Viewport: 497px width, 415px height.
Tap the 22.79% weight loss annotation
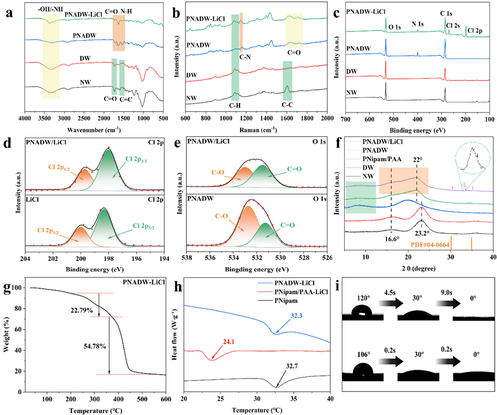[82, 311]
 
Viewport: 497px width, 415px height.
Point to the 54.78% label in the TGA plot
[95, 347]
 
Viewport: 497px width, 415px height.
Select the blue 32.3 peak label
[296, 316]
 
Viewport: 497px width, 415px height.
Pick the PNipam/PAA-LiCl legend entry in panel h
[301, 292]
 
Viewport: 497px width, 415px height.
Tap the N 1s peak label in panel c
[418, 24]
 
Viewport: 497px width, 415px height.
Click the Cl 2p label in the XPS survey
[475, 31]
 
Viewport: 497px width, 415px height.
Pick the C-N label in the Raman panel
[245, 58]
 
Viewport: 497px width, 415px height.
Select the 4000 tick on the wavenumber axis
[25, 119]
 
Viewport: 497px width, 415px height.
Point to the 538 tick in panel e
[187, 257]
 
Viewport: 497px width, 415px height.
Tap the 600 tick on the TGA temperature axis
[166, 399]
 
